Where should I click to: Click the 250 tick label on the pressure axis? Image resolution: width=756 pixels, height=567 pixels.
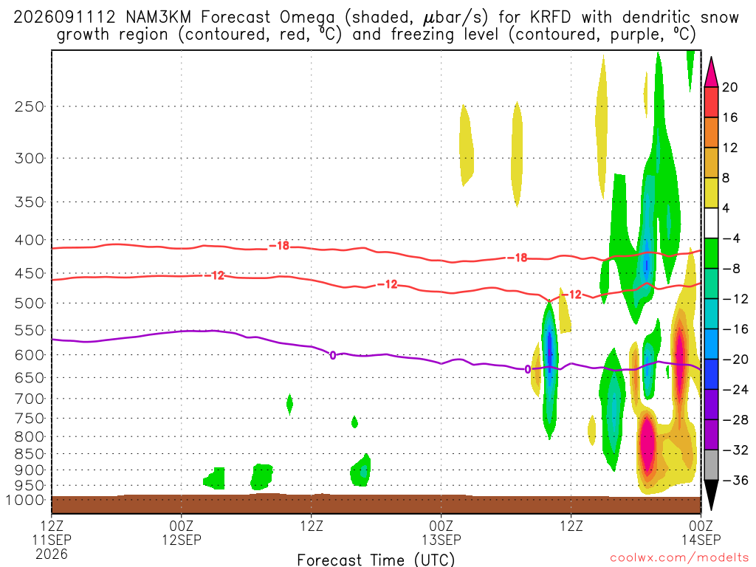pyautogui.click(x=30, y=106)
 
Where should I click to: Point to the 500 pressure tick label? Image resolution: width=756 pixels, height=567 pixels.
pyautogui.click(x=30, y=303)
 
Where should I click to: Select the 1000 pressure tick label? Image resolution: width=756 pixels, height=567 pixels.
pyautogui.click(x=24, y=500)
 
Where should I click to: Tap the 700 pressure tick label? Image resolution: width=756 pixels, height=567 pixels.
pyautogui.click(x=30, y=399)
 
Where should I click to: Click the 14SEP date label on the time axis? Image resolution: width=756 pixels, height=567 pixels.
pyautogui.click(x=701, y=540)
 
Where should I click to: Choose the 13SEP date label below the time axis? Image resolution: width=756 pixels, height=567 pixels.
pyautogui.click(x=441, y=540)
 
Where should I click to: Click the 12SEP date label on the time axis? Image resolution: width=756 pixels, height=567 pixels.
pyautogui.click(x=182, y=540)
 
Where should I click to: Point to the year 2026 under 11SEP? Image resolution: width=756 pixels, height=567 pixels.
pyautogui.click(x=52, y=554)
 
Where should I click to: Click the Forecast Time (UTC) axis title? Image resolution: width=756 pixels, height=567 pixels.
pyautogui.click(x=376, y=560)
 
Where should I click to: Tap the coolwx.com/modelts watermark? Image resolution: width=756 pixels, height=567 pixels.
pyautogui.click(x=679, y=557)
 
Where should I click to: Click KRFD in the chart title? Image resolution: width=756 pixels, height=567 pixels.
pyautogui.click(x=550, y=18)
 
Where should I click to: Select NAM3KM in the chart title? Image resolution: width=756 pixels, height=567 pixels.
pyautogui.click(x=158, y=18)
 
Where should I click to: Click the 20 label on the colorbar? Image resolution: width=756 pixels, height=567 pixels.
pyautogui.click(x=729, y=87)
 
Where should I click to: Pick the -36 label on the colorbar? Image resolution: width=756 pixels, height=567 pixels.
pyautogui.click(x=735, y=480)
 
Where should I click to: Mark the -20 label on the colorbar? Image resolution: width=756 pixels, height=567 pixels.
pyautogui.click(x=735, y=360)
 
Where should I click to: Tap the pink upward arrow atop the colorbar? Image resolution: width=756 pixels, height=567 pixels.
pyautogui.click(x=711, y=72)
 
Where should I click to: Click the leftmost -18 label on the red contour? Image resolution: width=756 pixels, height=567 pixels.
pyautogui.click(x=279, y=246)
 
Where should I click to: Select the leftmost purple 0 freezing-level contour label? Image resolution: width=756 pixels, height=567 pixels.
pyautogui.click(x=333, y=356)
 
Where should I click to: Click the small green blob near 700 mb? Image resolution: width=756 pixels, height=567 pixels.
pyautogui.click(x=289, y=404)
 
